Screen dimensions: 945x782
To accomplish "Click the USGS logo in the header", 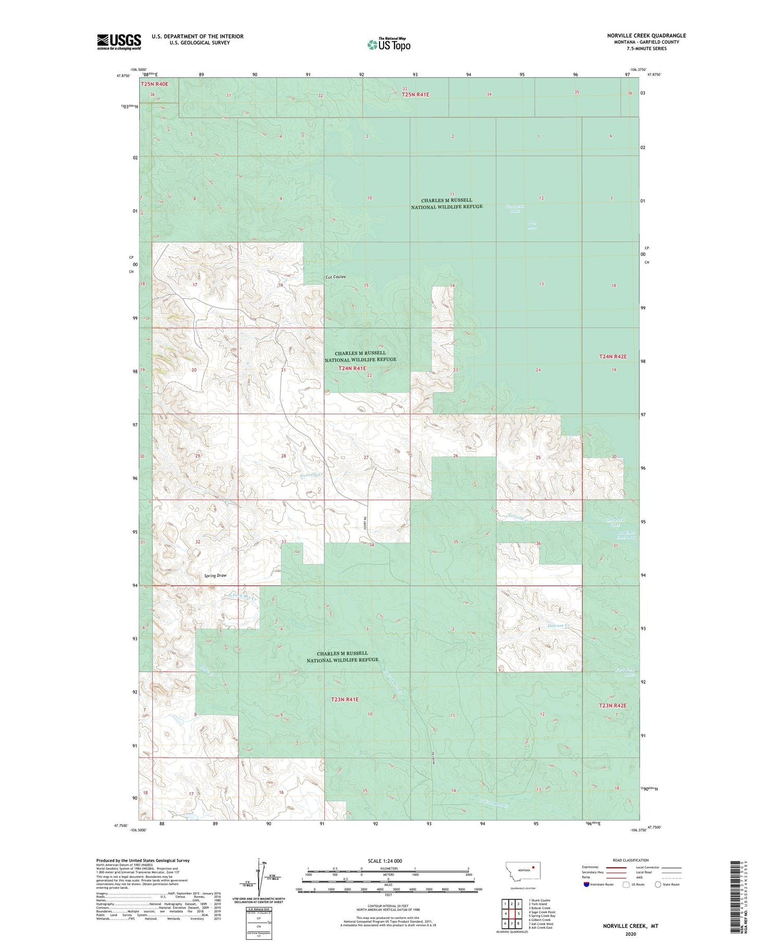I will pos(119,42).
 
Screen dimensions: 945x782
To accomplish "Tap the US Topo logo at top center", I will pos(389,44).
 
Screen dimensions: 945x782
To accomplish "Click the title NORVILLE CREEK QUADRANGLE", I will pos(639,35).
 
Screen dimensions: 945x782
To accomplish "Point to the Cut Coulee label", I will pos(336,277).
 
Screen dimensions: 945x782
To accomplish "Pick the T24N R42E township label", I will pos(612,357).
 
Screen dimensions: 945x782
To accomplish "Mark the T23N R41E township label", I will pos(345,699).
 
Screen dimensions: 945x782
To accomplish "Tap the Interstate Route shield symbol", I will pos(586,885).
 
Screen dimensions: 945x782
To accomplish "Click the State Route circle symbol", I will pos(658,885).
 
